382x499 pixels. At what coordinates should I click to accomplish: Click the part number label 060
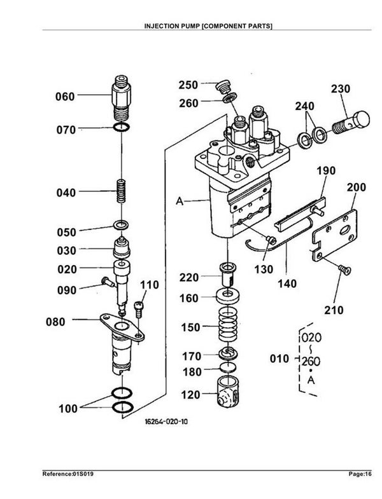pyautogui.click(x=65, y=97)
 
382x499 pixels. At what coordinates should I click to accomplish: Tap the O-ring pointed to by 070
pyautogui.click(x=122, y=127)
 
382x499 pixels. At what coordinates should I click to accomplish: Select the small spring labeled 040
pyautogui.click(x=121, y=191)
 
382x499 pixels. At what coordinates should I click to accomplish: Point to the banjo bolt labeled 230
pyautogui.click(x=351, y=123)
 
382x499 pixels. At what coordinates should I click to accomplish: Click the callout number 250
pyautogui.click(x=188, y=85)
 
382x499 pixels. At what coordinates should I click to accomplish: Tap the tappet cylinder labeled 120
pyautogui.click(x=228, y=391)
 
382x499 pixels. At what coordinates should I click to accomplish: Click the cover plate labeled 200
pyautogui.click(x=334, y=235)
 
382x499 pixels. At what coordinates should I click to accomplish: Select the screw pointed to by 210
pyautogui.click(x=344, y=270)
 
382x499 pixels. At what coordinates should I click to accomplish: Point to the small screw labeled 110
pyautogui.click(x=139, y=309)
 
